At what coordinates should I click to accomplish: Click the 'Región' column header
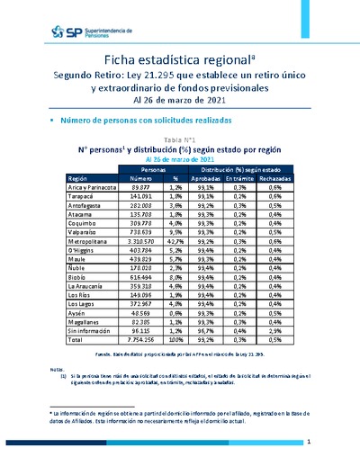pyautogui.click(x=80, y=178)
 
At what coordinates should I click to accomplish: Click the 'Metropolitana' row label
pyautogui.click(x=90, y=241)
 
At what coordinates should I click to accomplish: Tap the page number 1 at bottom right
pyautogui.click(x=309, y=443)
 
